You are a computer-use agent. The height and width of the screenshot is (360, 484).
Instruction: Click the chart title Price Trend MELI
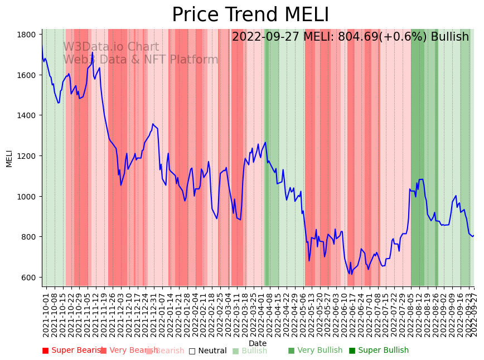[250, 15]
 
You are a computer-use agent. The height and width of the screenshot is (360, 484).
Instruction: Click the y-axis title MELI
[9, 158]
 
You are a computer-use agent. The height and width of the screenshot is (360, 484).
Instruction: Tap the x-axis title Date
[258, 343]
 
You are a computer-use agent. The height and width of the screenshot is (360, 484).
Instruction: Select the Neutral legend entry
[207, 351]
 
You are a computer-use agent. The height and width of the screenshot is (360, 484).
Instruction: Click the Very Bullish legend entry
[315, 351]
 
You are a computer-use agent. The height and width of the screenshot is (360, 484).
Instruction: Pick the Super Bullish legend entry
[379, 351]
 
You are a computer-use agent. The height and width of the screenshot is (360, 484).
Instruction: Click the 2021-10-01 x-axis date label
[46, 313]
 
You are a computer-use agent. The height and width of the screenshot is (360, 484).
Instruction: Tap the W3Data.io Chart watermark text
[111, 47]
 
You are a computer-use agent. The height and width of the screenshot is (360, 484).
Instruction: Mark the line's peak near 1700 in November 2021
[93, 53]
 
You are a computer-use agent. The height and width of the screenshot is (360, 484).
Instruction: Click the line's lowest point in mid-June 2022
[351, 274]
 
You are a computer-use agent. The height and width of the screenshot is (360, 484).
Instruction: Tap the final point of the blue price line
[473, 236]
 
